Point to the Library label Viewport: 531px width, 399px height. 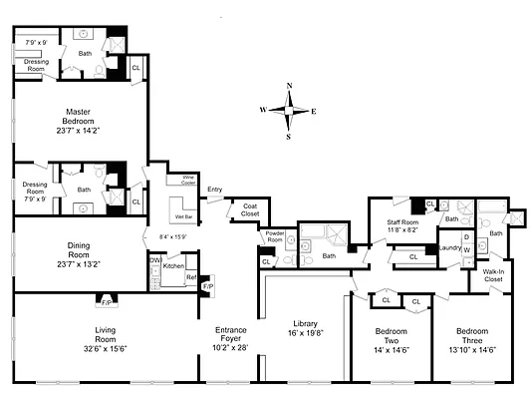pyautogui.click(x=305, y=322)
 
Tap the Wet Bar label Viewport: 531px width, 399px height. pyautogui.click(x=183, y=215)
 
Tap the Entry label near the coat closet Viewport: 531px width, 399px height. pyautogui.click(x=214, y=189)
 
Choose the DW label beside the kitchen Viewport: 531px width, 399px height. pyautogui.click(x=154, y=259)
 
